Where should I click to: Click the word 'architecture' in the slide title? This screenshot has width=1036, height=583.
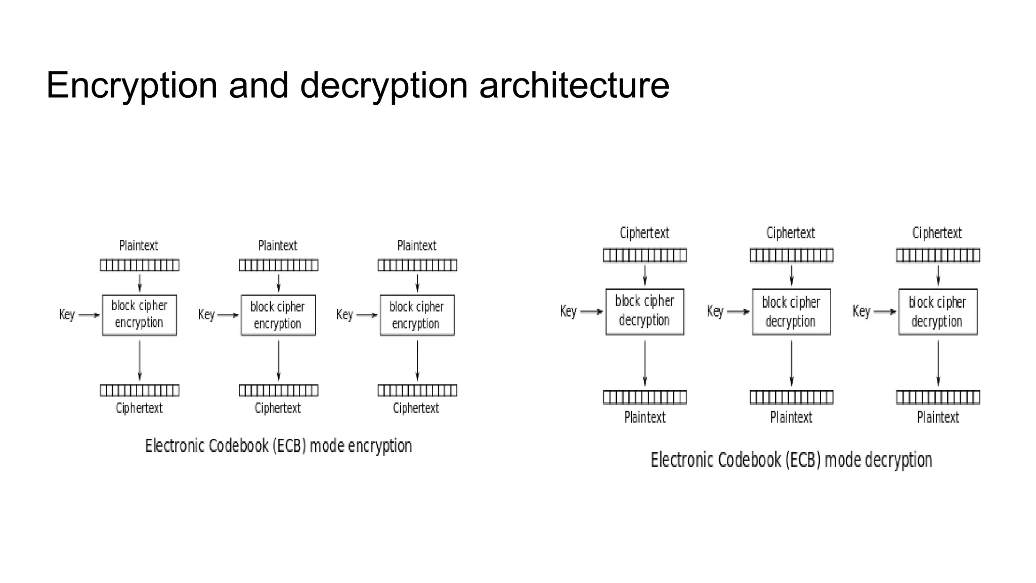click(x=574, y=85)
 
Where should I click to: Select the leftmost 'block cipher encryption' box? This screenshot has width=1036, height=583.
click(x=139, y=315)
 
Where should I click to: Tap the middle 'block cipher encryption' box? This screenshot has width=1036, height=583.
click(x=278, y=315)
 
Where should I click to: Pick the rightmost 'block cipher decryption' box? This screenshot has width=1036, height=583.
click(x=938, y=312)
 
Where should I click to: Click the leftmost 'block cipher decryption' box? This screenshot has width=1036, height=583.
click(x=644, y=312)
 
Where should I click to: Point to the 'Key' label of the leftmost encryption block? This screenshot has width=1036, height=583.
click(x=67, y=315)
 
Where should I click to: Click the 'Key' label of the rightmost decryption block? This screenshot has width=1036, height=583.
click(x=861, y=311)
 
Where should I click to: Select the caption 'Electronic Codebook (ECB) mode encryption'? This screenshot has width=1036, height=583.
click(x=278, y=446)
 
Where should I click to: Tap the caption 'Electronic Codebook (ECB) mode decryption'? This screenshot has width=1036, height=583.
click(x=791, y=460)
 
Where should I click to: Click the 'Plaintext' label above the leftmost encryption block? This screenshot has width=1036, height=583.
click(x=139, y=246)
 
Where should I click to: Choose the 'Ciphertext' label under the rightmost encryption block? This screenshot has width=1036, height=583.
click(x=416, y=408)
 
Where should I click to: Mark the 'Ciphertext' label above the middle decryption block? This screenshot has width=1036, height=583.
click(x=791, y=233)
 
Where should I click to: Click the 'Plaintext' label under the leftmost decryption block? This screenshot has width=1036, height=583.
click(x=644, y=418)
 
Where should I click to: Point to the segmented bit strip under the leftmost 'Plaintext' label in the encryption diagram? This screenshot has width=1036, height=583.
click(x=139, y=265)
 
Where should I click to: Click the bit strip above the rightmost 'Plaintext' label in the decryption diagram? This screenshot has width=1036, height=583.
click(x=938, y=397)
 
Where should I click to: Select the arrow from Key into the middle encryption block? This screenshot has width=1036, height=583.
click(x=228, y=315)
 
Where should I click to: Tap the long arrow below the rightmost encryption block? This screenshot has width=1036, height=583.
click(x=417, y=360)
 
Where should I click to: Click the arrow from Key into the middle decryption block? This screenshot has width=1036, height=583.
click(x=739, y=312)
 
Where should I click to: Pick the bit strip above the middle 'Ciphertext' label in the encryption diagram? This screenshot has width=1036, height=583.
click(x=278, y=390)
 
